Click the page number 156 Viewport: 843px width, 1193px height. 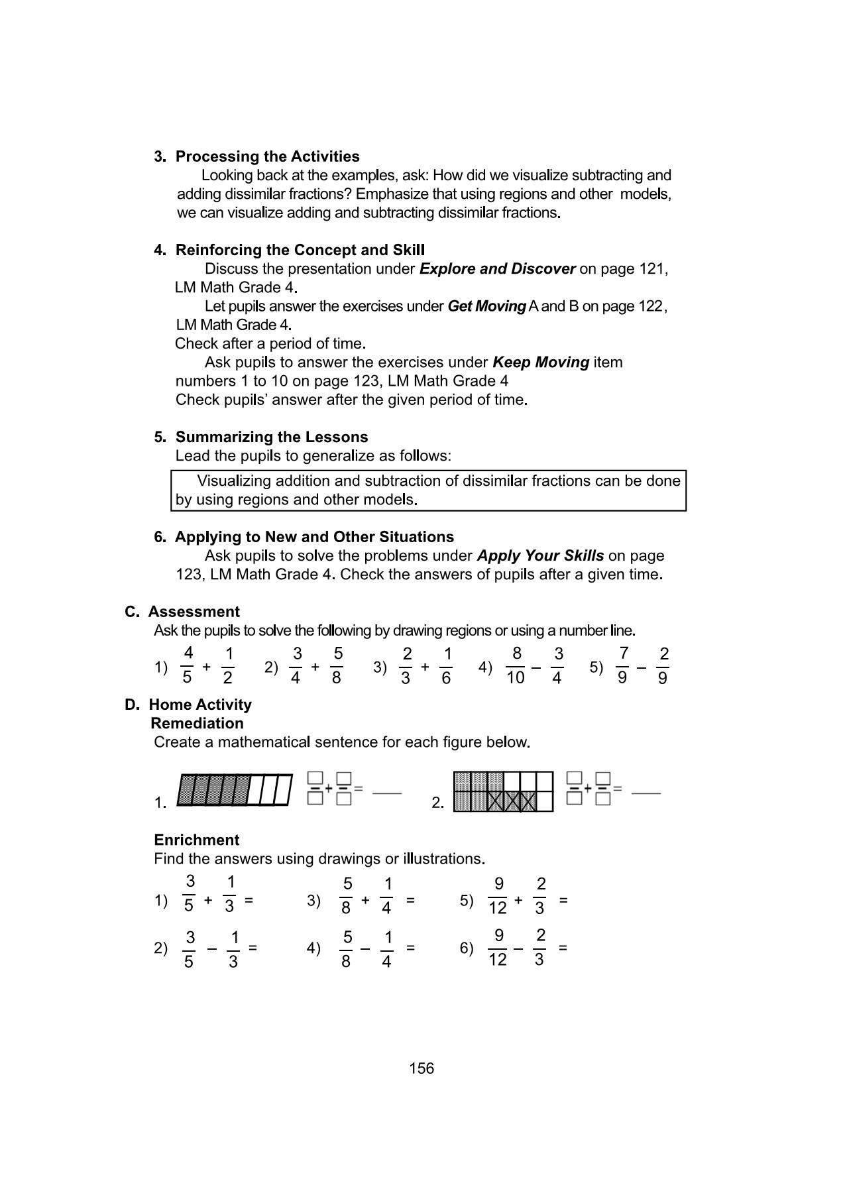pyautogui.click(x=421, y=1068)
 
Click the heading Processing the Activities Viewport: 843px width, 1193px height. pyautogui.click(x=267, y=156)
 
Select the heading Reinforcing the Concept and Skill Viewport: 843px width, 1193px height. pyautogui.click(x=300, y=250)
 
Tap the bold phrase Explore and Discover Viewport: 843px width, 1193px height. pyautogui.click(x=497, y=269)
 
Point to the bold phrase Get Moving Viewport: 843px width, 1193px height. pyautogui.click(x=486, y=306)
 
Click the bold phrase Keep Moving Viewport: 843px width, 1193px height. pyautogui.click(x=540, y=363)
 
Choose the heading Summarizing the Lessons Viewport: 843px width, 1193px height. pyautogui.click(x=271, y=437)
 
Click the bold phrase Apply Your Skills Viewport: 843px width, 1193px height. pyautogui.click(x=540, y=555)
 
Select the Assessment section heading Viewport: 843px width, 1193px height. pyautogui.click(x=194, y=612)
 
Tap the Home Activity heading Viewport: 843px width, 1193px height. pyautogui.click(x=199, y=705)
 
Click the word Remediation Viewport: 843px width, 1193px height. pyautogui.click(x=197, y=723)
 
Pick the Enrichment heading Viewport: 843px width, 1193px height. pyautogui.click(x=196, y=840)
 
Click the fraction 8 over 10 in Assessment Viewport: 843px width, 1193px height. pyautogui.click(x=516, y=665)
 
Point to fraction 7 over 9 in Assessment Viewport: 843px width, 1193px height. pyautogui.click(x=623, y=665)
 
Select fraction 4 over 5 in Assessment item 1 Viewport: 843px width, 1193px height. pyautogui.click(x=188, y=665)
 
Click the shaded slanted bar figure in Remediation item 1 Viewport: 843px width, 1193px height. pyautogui.click(x=235, y=790)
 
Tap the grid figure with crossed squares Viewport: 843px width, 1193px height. pyautogui.click(x=503, y=791)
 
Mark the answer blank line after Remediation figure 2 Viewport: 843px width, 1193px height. pyautogui.click(x=646, y=792)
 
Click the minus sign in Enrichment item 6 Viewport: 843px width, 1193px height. pyautogui.click(x=519, y=948)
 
